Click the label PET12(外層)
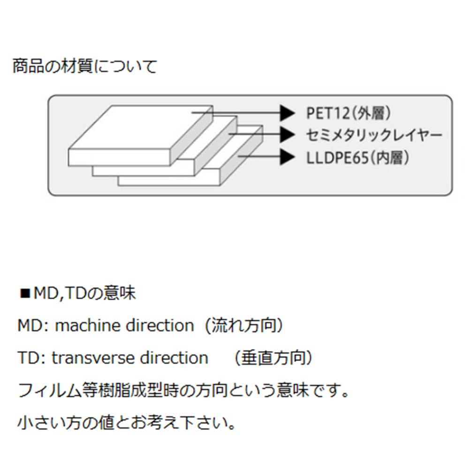point(348,113)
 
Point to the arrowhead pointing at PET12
point(287,113)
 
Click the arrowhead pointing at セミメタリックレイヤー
point(287,135)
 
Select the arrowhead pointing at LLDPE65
point(287,157)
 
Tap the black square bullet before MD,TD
point(25,294)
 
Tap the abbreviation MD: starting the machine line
point(32,325)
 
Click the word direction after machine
point(159,325)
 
